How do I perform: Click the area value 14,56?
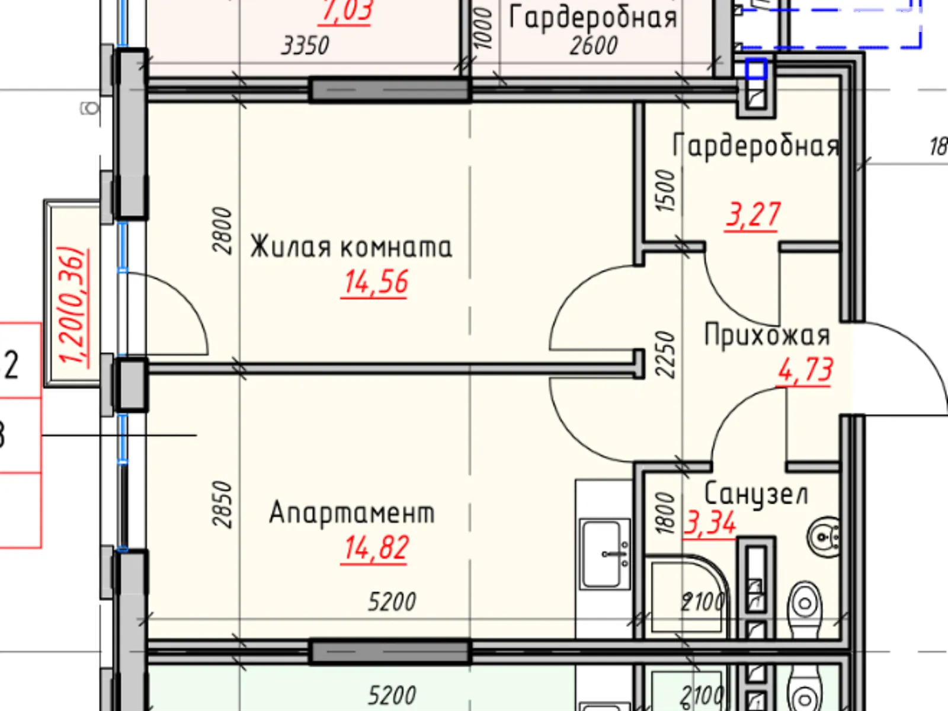point(376,282)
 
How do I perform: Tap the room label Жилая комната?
point(351,247)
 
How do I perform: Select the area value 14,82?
point(376,548)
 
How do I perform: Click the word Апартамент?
point(352,513)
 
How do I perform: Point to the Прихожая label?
point(767,335)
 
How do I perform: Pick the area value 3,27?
point(752,214)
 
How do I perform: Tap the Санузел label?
point(756,494)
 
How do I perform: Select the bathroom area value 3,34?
point(710,523)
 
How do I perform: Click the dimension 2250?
point(666,354)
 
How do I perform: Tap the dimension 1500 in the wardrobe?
point(666,191)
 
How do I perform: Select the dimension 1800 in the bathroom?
point(666,513)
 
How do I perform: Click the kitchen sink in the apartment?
point(604,554)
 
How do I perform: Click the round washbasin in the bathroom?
point(824,537)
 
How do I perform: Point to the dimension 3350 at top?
point(305,46)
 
